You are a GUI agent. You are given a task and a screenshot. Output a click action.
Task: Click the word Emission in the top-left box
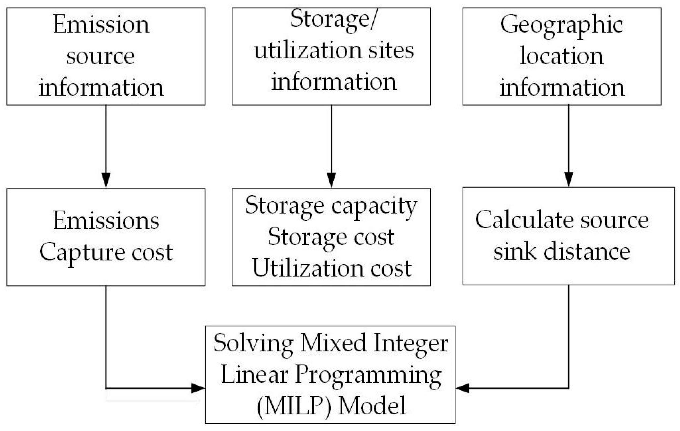(x=101, y=25)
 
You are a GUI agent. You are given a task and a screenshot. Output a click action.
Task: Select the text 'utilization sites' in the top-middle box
(x=334, y=51)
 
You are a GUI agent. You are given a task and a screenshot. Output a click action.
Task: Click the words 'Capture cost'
(x=106, y=252)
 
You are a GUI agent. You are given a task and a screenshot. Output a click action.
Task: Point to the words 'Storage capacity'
(x=331, y=206)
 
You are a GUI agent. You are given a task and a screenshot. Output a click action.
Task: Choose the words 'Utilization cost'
(x=331, y=268)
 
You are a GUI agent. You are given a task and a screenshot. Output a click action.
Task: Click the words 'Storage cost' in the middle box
(x=331, y=237)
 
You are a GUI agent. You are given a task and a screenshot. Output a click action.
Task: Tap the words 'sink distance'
(x=562, y=252)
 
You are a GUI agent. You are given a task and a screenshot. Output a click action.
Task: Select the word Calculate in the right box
(x=524, y=220)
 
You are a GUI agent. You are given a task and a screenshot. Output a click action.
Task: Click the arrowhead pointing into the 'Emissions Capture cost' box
(x=106, y=180)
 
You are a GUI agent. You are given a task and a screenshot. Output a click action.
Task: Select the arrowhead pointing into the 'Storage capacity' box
(x=331, y=180)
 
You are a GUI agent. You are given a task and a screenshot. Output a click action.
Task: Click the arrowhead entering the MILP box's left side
(x=198, y=388)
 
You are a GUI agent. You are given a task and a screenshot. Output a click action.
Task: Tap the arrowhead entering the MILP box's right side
(x=462, y=388)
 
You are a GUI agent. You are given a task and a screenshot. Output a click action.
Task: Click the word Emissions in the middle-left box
(x=106, y=221)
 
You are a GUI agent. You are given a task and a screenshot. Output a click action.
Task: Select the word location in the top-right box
(x=562, y=56)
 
